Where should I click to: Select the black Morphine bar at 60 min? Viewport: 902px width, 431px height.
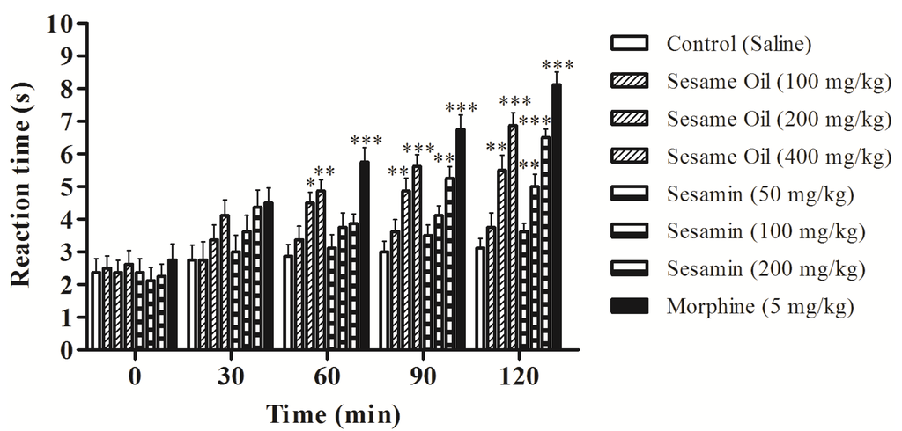365,255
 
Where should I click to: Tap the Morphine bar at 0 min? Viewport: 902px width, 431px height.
173,304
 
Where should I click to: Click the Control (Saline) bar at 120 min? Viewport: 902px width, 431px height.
480,298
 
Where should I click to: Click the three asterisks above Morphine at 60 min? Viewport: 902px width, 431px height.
366,141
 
